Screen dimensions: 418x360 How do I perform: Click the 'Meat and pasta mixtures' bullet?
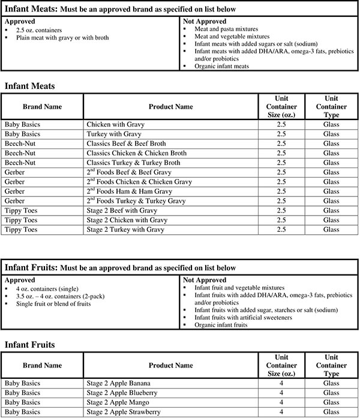pos(225,29)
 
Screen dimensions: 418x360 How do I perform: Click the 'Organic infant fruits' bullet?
pos(220,325)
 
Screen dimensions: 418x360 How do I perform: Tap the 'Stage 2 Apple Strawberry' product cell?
pos(124,412)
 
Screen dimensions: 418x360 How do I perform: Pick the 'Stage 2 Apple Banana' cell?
pos(118,383)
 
